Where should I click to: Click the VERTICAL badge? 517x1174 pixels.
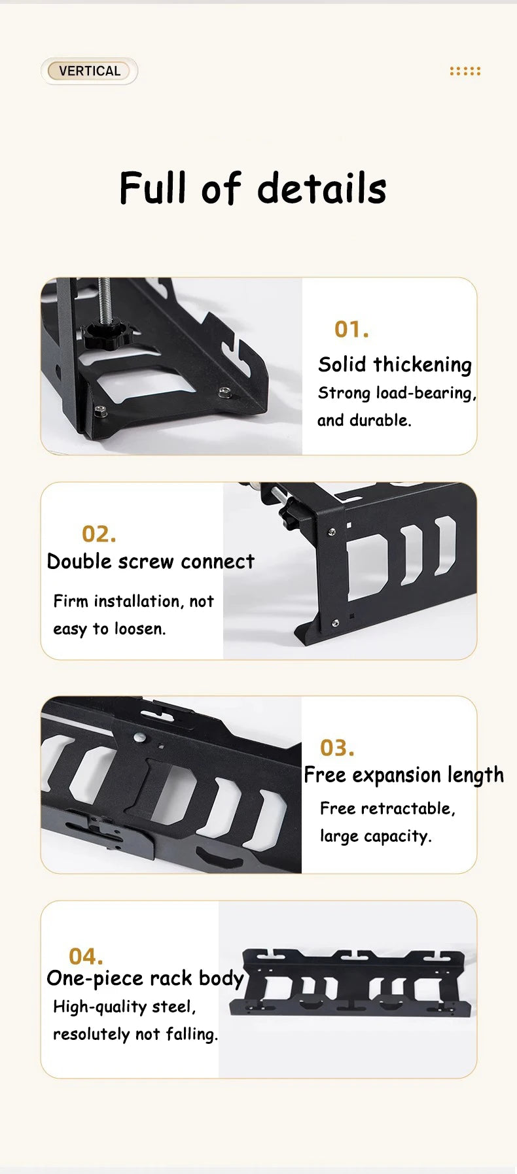pyautogui.click(x=89, y=71)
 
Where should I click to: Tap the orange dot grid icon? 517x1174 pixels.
pyautogui.click(x=465, y=71)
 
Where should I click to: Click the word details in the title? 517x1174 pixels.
pyautogui.click(x=321, y=188)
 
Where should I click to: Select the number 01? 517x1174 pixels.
pyautogui.click(x=351, y=329)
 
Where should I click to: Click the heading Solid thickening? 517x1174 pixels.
pyautogui.click(x=395, y=365)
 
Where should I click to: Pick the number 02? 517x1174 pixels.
pyautogui.click(x=99, y=534)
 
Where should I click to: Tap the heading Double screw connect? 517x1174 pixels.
pyautogui.click(x=151, y=562)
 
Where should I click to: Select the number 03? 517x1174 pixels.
pyautogui.click(x=337, y=748)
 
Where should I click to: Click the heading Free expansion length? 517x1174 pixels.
pyautogui.click(x=404, y=775)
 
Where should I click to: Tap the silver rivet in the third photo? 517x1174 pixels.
pyautogui.click(x=139, y=738)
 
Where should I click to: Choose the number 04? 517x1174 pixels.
pyautogui.click(x=86, y=957)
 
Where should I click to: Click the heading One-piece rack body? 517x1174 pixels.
pyautogui.click(x=145, y=978)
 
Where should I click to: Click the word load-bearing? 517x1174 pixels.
pyautogui.click(x=425, y=393)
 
